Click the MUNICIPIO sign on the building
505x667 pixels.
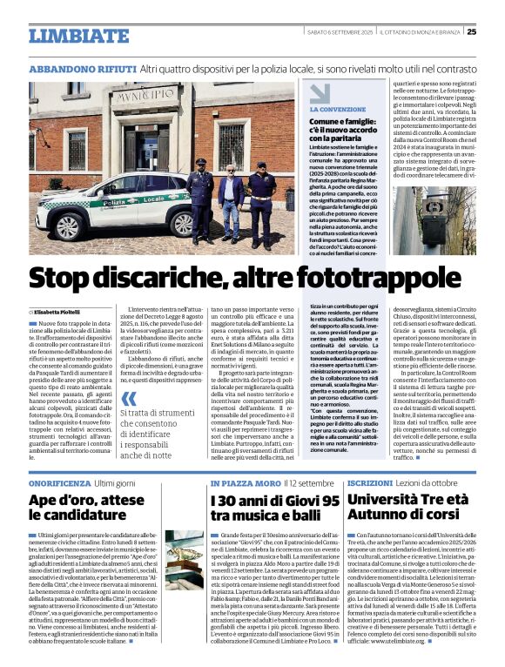pos(145,95)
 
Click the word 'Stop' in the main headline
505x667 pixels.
pos(69,279)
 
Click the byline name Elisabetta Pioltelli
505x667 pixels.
pos(57,311)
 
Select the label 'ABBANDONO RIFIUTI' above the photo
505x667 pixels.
pos(82,68)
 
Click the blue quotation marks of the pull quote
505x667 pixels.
pos(129,401)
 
